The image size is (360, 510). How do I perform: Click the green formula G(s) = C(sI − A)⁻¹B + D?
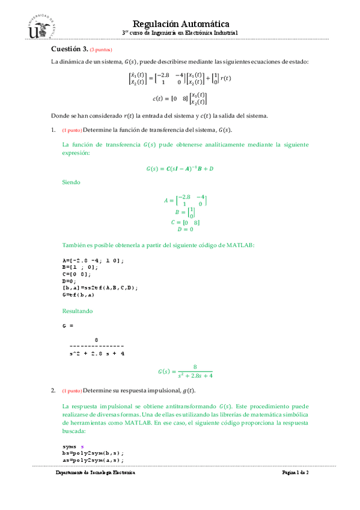(x=180, y=168)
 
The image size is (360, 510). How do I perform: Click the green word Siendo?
(x=72, y=182)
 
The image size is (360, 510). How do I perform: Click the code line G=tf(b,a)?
(x=78, y=295)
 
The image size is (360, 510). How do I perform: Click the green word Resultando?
(x=78, y=311)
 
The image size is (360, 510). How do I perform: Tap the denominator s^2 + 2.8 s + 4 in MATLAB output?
(x=97, y=354)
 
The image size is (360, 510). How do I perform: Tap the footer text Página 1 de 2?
(x=295, y=473)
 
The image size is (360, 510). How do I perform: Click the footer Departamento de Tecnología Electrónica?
(x=96, y=473)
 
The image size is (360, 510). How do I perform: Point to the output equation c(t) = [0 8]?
(x=180, y=98)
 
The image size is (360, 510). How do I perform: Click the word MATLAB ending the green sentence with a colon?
(x=240, y=245)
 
